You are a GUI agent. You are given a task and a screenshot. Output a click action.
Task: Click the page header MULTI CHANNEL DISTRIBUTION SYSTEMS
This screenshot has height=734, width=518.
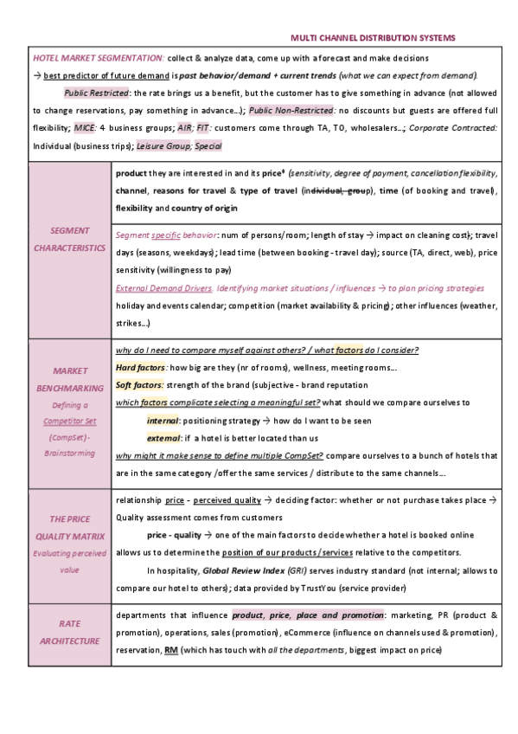(373, 38)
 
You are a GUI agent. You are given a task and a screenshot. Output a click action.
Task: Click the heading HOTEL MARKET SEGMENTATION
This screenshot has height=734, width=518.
(98, 57)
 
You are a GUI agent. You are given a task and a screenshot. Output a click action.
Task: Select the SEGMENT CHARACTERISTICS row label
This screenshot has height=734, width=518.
(71, 240)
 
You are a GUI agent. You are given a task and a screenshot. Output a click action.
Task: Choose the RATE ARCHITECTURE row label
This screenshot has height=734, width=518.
(71, 632)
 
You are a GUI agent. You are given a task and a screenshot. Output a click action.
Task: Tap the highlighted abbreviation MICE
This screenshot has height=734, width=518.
(85, 128)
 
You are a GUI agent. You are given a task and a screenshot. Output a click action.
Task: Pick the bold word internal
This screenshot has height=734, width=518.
(163, 420)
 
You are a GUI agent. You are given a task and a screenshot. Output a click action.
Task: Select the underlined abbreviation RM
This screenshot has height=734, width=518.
(172, 649)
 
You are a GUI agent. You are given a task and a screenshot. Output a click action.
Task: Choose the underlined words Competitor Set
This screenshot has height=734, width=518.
(71, 421)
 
